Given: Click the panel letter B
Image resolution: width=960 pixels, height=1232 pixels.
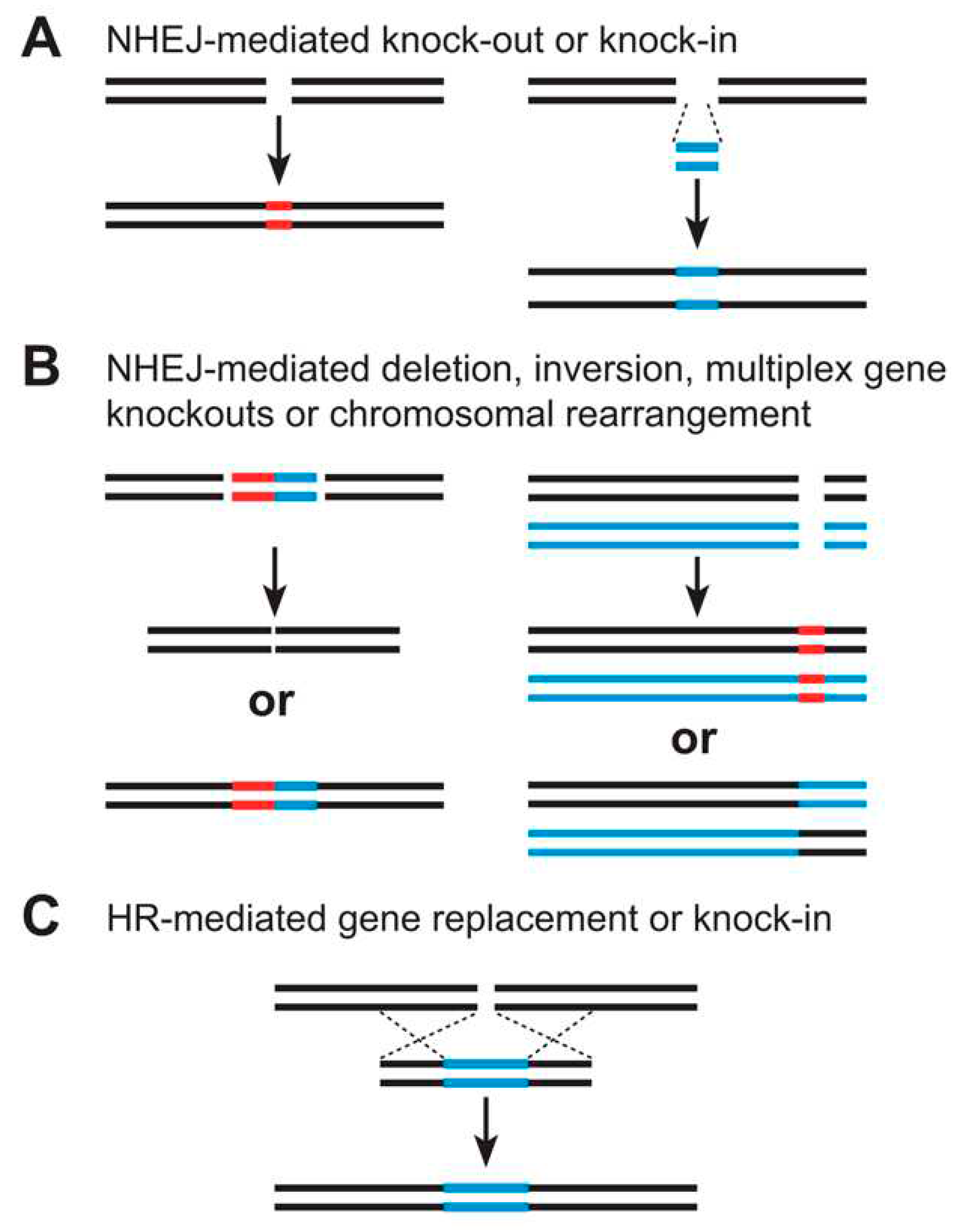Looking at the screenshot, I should (41, 368).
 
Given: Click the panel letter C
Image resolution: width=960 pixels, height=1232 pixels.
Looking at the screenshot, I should (41, 918).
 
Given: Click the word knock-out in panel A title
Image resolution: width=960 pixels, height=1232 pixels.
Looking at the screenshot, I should (462, 41).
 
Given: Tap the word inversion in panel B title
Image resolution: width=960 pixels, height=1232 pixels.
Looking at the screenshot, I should (612, 370).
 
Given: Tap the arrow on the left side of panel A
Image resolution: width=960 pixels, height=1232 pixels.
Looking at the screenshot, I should (278, 150).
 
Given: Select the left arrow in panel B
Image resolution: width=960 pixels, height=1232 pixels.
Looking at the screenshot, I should (274, 581).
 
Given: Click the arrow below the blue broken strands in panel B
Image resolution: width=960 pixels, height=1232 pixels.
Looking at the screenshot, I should (697, 587).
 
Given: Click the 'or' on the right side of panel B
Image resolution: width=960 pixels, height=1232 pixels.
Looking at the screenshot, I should (693, 740).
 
